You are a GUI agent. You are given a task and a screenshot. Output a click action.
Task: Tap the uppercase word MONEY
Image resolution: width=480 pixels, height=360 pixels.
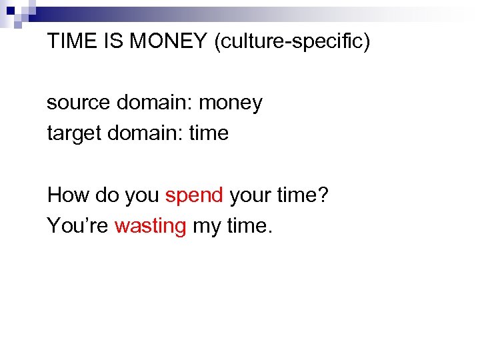pos(169,42)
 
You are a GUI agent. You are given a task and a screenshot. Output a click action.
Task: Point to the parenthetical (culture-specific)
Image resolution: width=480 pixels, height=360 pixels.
pos(291,42)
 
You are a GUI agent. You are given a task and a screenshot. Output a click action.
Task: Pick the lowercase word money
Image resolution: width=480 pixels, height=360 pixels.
pos(231,103)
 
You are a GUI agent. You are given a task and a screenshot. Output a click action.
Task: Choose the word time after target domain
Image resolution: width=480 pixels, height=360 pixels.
pos(209,133)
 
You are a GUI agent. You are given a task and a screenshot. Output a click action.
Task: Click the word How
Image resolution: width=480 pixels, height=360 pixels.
pos(65,195)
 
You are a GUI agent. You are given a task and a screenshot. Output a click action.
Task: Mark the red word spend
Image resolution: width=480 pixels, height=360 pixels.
pos(193,195)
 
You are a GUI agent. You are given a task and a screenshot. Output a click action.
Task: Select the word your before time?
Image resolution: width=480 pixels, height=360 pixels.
pos(251,195)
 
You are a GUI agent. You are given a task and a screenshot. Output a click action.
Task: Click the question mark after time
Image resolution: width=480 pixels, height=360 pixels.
pos(324,195)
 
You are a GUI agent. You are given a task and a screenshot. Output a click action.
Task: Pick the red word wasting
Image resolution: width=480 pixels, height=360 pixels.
pos(150,227)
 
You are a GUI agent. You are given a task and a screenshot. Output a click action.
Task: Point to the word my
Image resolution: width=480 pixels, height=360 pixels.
pos(207,227)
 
